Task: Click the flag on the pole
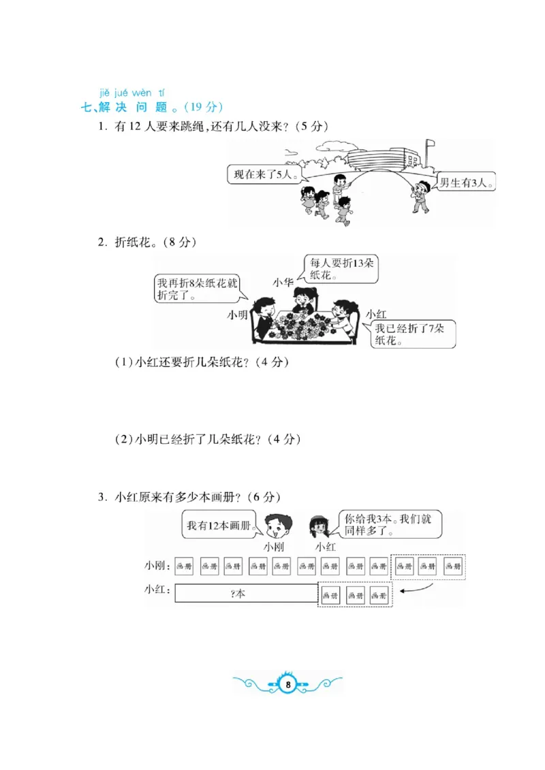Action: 429,144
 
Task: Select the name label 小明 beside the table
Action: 239,315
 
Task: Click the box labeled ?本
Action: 246,594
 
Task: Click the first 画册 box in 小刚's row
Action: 185,566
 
